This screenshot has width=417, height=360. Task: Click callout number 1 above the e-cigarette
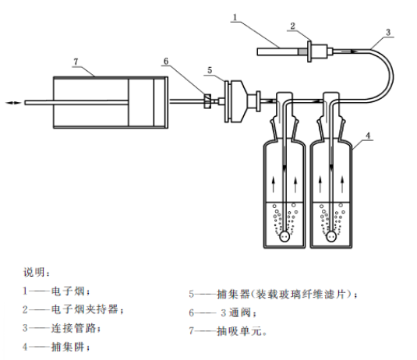click(x=235, y=18)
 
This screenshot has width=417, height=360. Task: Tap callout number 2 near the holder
click(x=292, y=26)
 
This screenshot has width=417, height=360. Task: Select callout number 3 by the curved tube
click(x=388, y=33)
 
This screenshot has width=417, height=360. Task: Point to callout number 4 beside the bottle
click(x=368, y=136)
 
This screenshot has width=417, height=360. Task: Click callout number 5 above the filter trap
click(x=210, y=70)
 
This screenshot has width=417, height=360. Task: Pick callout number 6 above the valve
click(x=166, y=62)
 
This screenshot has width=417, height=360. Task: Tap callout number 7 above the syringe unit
click(x=76, y=62)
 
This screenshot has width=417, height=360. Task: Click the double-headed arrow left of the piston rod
click(x=13, y=103)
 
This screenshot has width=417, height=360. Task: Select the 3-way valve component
click(x=207, y=101)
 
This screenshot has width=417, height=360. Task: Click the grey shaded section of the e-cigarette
click(x=302, y=51)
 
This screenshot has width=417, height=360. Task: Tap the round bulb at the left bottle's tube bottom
click(x=284, y=236)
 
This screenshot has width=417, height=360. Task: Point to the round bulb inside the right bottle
click(x=331, y=236)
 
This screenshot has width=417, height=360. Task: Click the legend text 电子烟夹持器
click(x=85, y=309)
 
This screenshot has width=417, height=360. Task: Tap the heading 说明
click(x=34, y=272)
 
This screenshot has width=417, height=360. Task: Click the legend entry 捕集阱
click(x=68, y=347)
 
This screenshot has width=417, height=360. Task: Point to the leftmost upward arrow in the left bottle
click(x=273, y=185)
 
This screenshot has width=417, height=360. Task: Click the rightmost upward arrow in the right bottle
click(x=342, y=185)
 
